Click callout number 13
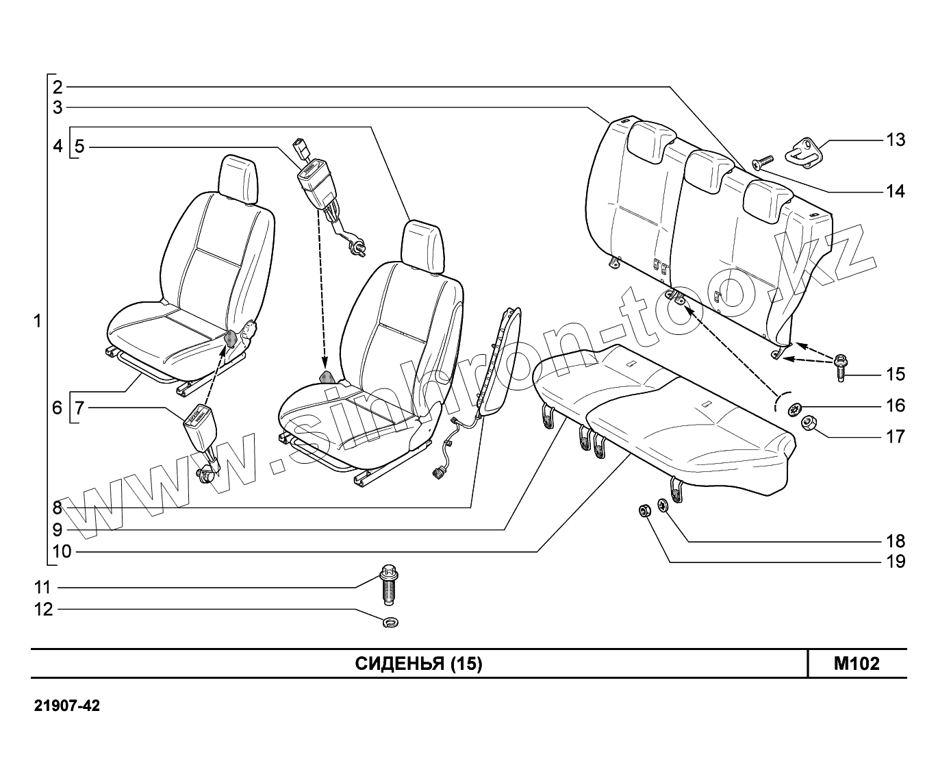pos(896,140)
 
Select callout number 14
pos(896,191)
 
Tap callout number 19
pos(896,562)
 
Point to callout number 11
pos(43,587)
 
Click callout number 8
pos(58,508)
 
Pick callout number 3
pos(58,107)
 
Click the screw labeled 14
pos(762,162)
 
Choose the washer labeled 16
pos(795,409)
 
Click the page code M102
pos(857,663)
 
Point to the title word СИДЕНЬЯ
pos(400,663)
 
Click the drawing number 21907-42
pos(67,706)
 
